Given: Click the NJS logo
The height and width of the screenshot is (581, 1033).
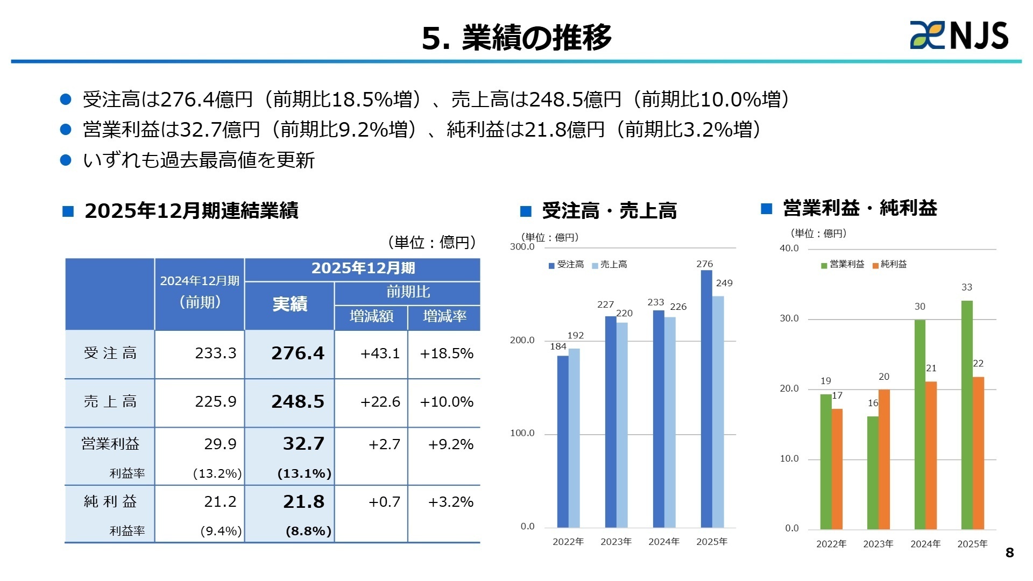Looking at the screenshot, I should tap(959, 36).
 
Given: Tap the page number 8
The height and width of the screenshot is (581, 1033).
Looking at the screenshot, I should tap(1009, 552).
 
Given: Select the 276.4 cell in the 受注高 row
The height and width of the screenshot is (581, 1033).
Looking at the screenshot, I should tap(298, 353).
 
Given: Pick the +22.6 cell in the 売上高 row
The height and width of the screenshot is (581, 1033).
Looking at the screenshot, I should tap(380, 402).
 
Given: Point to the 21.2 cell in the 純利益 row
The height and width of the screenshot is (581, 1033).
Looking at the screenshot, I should tap(220, 502).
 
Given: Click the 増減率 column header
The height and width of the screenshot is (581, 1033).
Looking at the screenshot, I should tap(444, 316).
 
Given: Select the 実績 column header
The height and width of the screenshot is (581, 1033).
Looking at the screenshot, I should tap(289, 304).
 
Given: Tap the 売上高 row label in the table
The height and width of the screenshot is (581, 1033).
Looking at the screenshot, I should tap(110, 402).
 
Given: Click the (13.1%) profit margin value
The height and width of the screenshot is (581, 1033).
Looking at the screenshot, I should tap(304, 474).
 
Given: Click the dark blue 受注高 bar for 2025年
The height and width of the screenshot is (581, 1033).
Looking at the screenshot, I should tap(706, 398).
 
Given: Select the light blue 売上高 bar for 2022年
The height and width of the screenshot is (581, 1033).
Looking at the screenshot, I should tap(574, 438).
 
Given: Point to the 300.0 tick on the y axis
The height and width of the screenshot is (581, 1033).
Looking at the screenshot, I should tap(522, 247).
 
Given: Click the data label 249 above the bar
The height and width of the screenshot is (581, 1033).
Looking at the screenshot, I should tap(724, 283).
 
